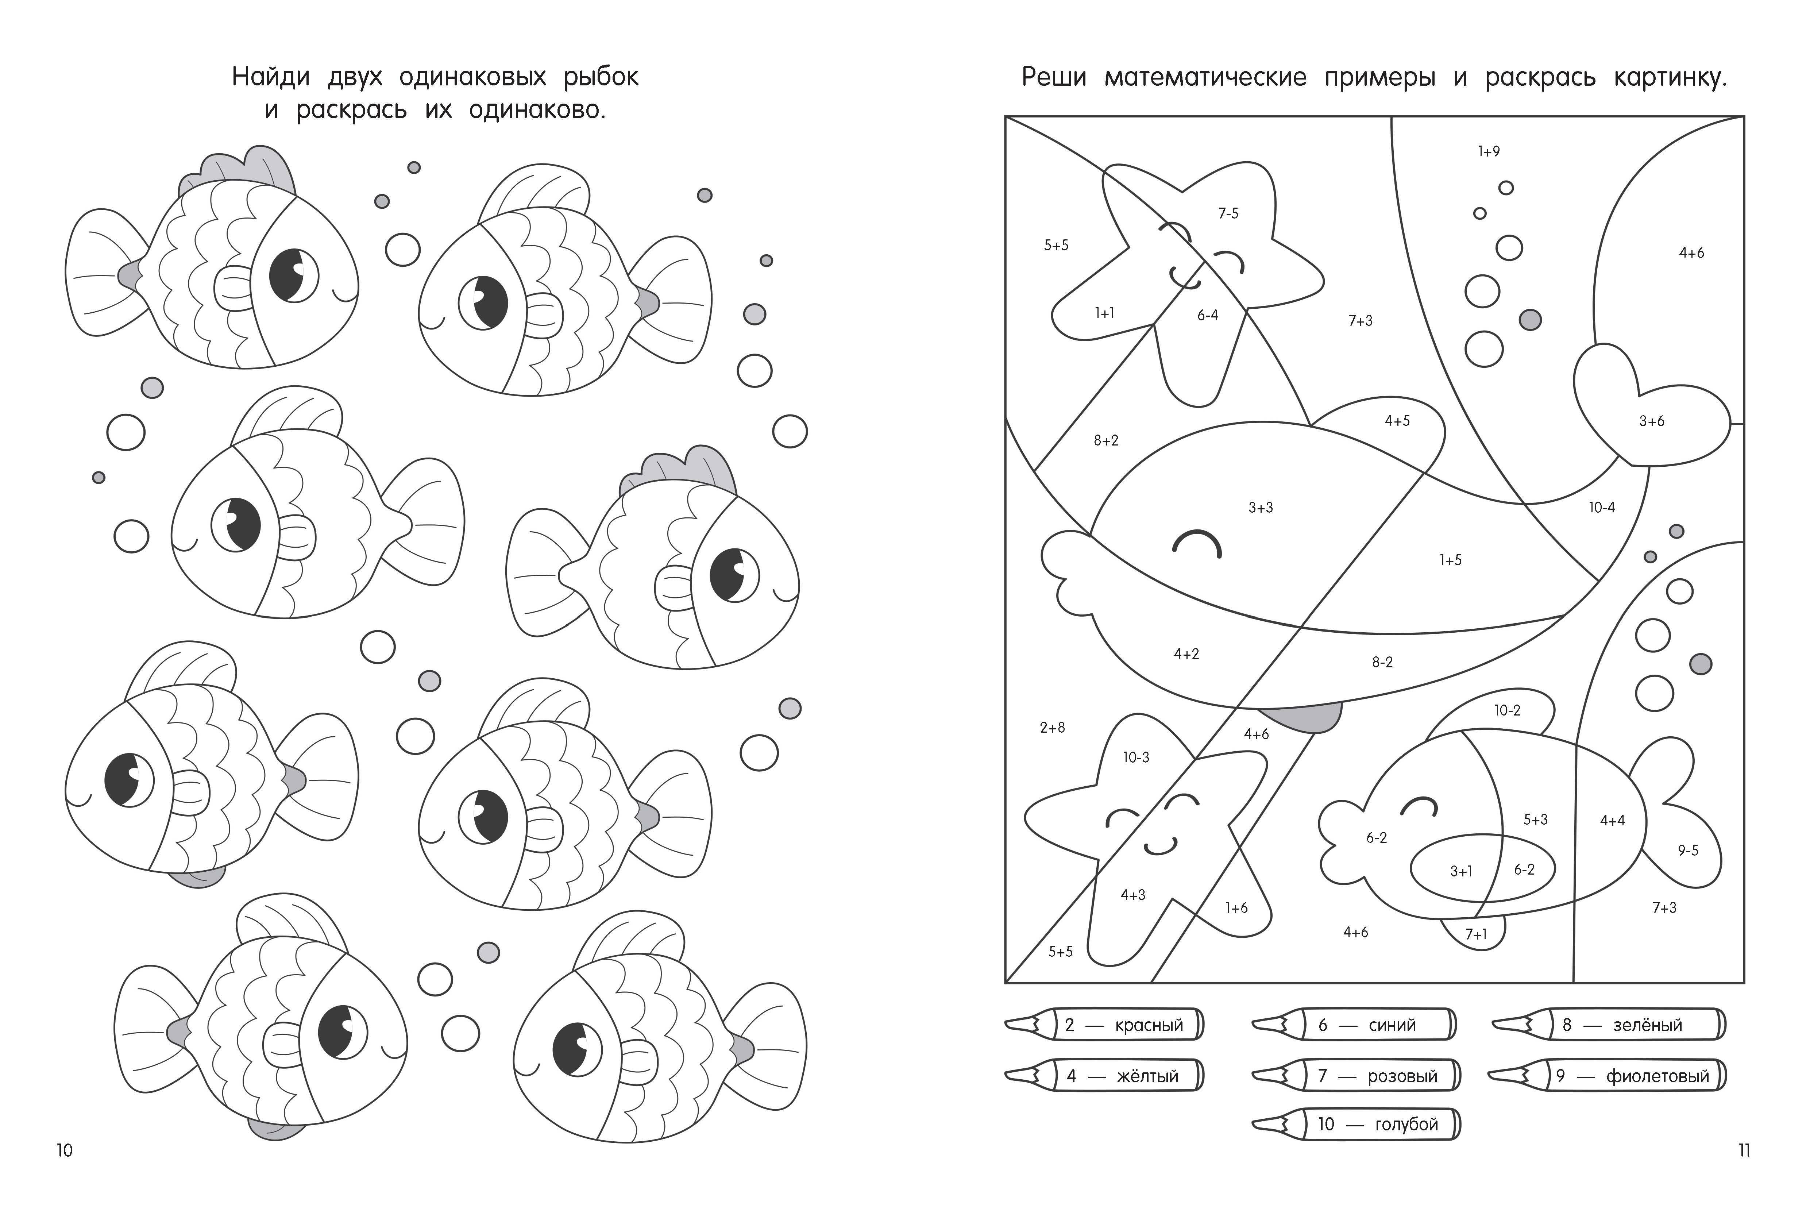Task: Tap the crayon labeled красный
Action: (1104, 1025)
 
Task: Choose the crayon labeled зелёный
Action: (1608, 1025)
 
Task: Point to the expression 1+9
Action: (1488, 152)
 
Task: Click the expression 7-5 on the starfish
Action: (1228, 213)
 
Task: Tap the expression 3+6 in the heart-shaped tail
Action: (1651, 421)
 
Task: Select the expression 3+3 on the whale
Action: (1261, 507)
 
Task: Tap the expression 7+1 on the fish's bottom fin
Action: (1476, 934)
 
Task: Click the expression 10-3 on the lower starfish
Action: (1136, 757)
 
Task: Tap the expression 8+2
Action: (1106, 440)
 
